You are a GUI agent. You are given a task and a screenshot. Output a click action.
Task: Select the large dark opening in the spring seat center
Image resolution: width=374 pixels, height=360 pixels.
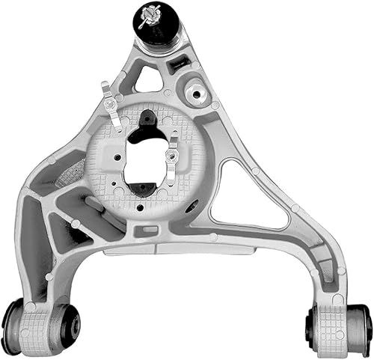click(x=146, y=157)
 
